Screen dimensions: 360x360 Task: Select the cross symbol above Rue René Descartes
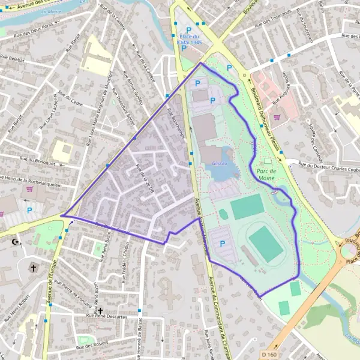(x=100, y=310)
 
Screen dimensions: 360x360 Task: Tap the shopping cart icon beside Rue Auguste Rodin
(x=277, y=118)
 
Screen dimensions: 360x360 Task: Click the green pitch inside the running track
(x=266, y=244)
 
